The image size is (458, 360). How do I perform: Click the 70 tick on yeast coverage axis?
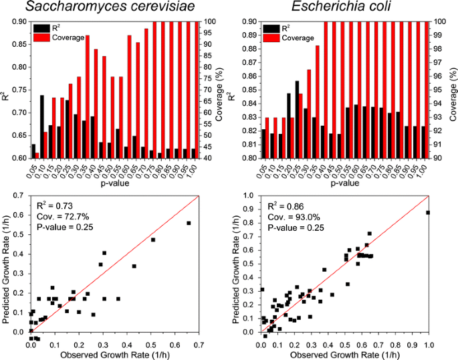(x=206, y=90)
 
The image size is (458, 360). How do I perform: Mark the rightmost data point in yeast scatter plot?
(x=189, y=223)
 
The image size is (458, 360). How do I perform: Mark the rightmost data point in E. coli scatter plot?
(x=427, y=213)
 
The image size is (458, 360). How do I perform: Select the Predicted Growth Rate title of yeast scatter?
(x=7, y=266)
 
